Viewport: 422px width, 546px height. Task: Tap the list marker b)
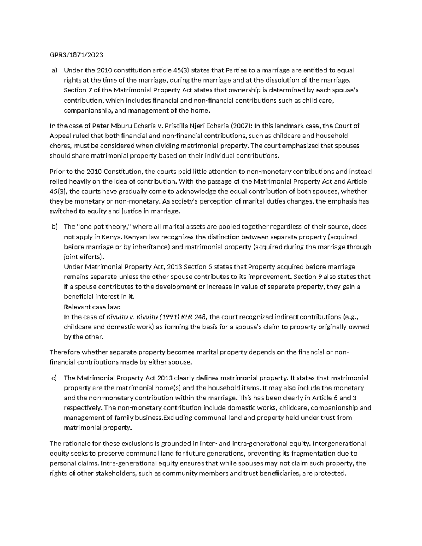54,227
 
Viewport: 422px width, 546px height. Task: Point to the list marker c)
54,378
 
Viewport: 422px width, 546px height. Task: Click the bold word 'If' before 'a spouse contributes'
66,287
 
